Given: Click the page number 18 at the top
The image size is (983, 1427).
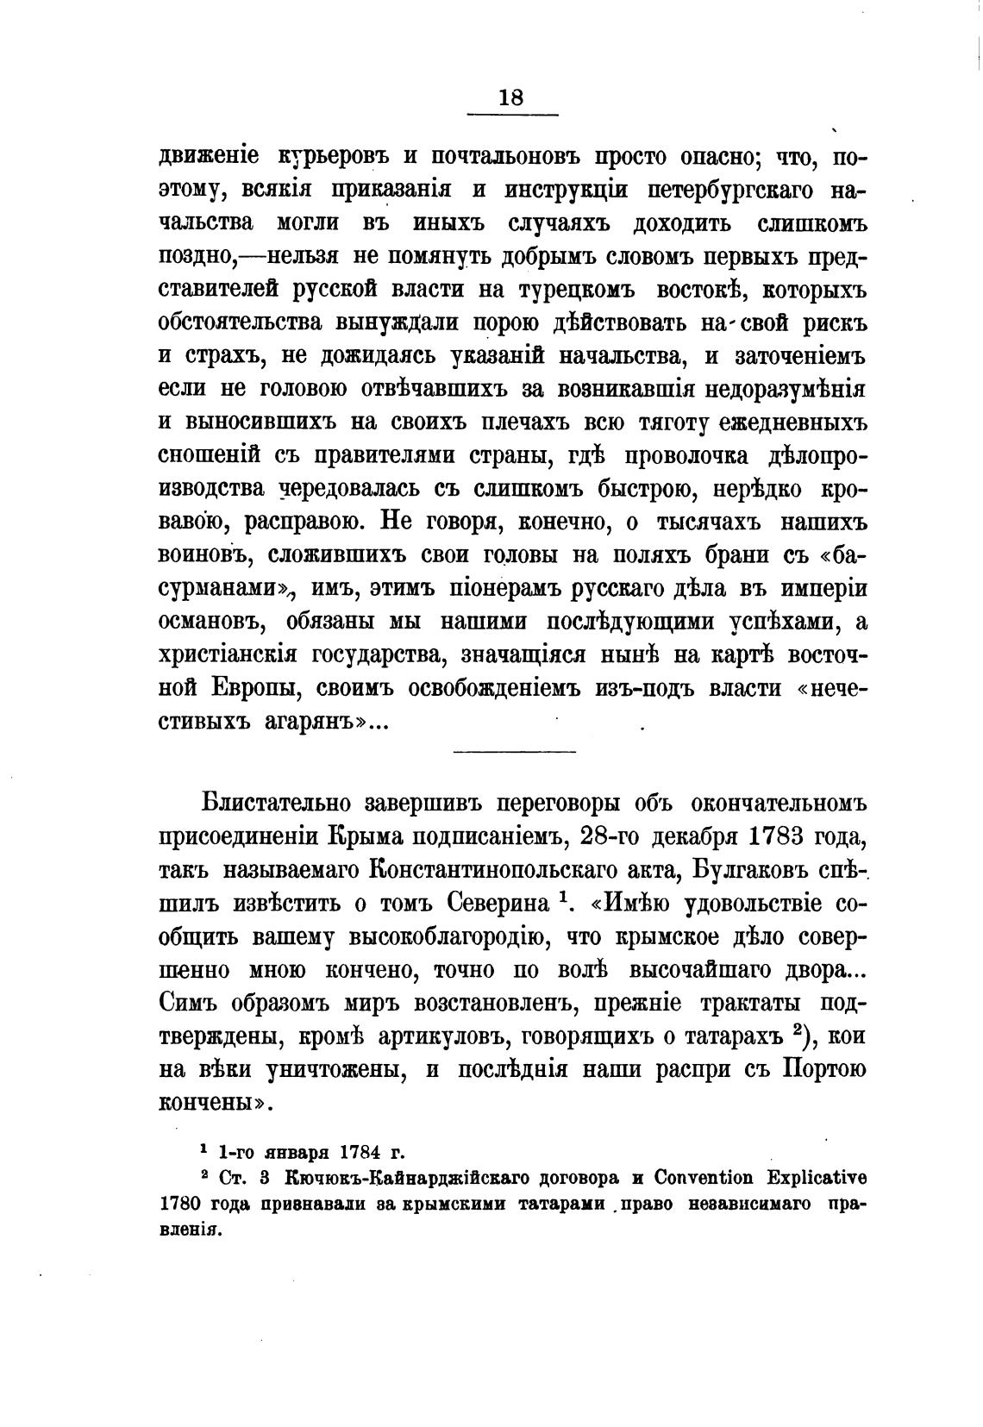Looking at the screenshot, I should pyautogui.click(x=510, y=97).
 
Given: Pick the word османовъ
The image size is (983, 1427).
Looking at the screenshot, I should pyautogui.click(x=210, y=622).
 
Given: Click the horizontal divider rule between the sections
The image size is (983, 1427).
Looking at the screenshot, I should pyautogui.click(x=514, y=752).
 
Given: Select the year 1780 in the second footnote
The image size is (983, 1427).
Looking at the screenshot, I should pyautogui.click(x=182, y=1204).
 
